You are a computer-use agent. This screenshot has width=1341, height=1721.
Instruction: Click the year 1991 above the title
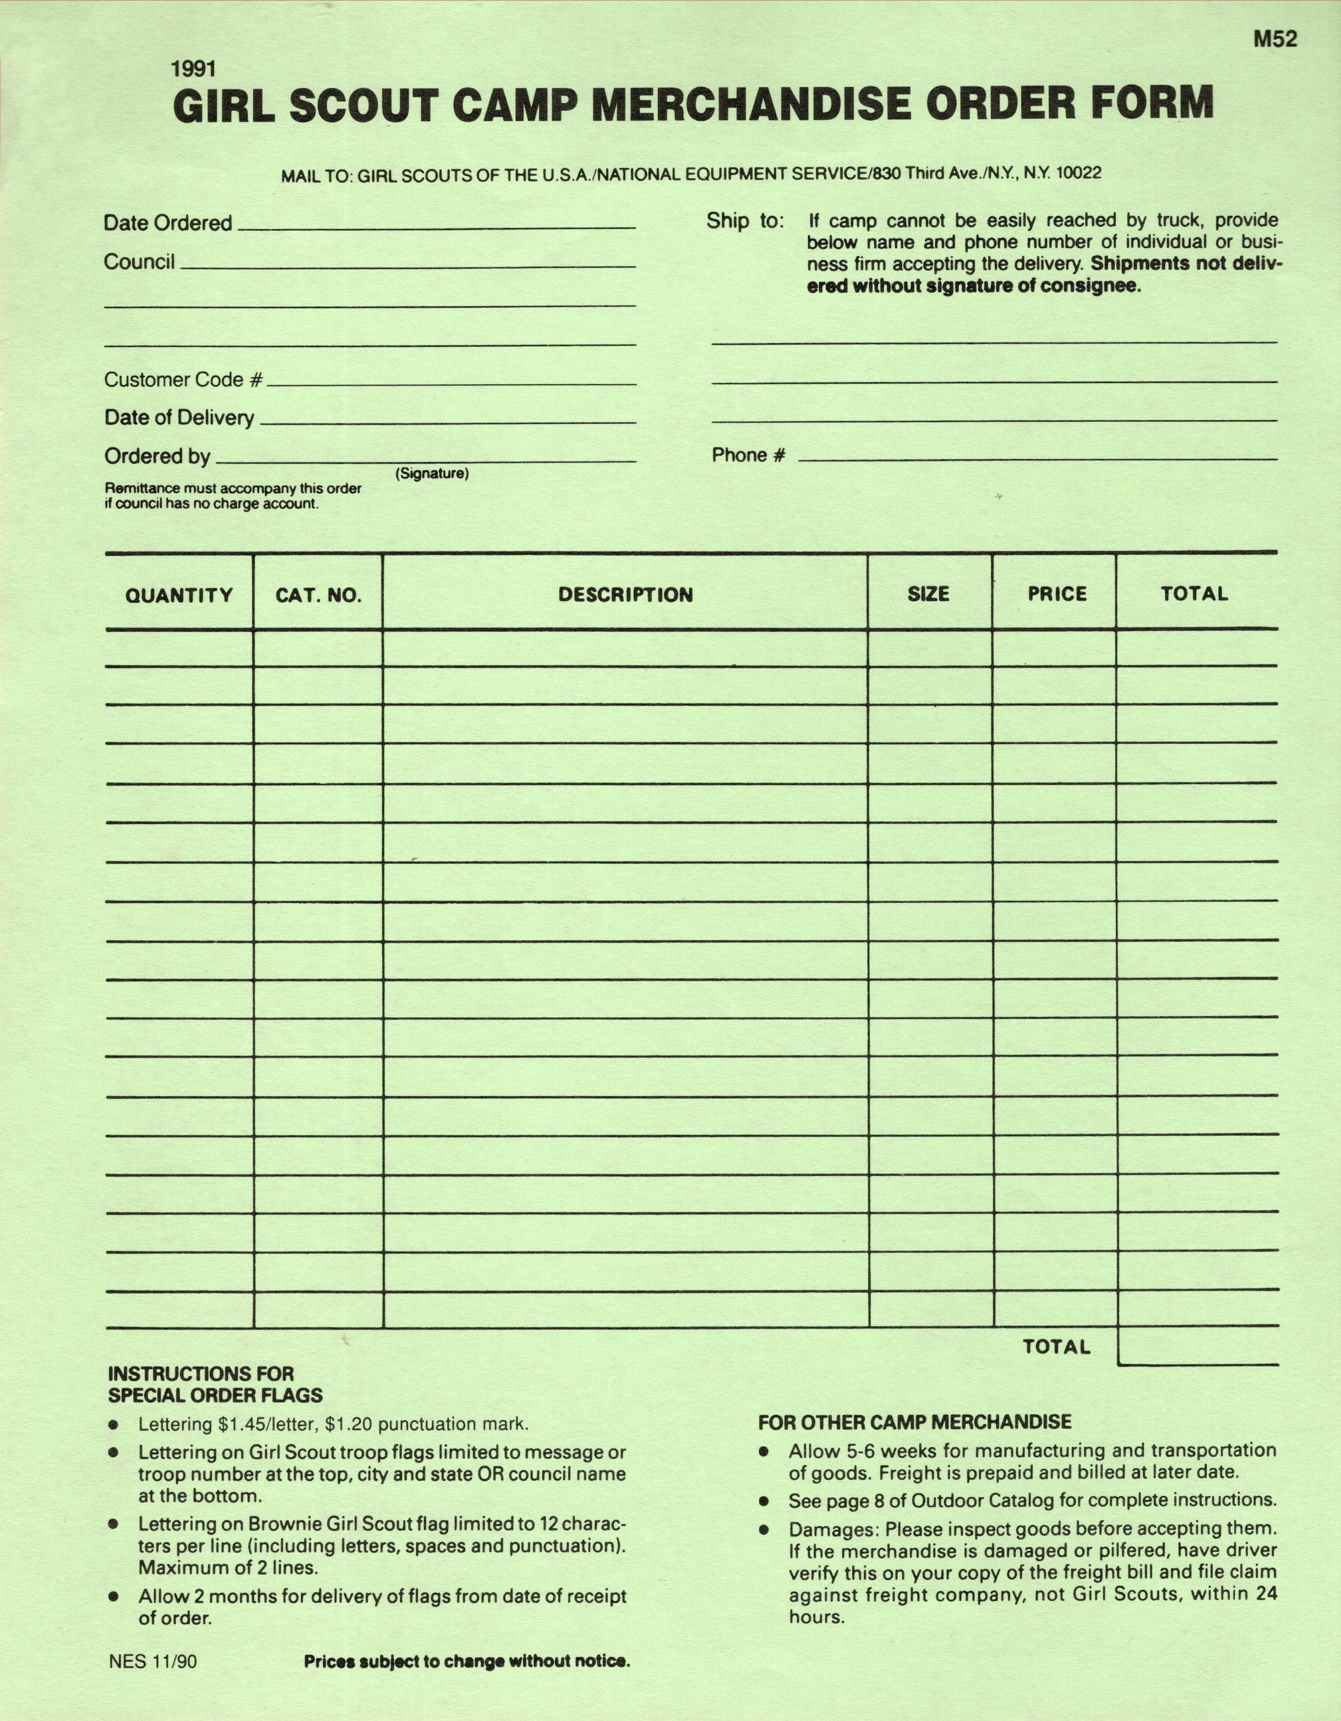coord(193,69)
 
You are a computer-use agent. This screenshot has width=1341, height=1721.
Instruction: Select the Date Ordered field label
coord(168,223)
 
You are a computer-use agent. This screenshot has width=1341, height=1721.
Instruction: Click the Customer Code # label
coord(183,380)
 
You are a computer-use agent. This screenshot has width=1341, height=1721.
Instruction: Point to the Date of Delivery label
coord(179,418)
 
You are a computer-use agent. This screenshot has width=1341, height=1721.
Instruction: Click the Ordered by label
coord(157,456)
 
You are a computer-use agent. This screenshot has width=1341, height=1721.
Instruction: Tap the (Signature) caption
coord(432,473)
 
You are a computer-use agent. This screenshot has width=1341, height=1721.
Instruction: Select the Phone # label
coord(749,455)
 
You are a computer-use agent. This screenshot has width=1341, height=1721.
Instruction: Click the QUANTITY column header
coord(179,595)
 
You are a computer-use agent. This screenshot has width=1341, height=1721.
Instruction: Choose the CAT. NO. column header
coord(318,595)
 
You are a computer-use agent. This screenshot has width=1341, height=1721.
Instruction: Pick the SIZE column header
coord(928,593)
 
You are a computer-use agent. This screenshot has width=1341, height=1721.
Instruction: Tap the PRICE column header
coord(1056,593)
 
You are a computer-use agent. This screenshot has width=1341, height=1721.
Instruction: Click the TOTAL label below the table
coord(1056,1347)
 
